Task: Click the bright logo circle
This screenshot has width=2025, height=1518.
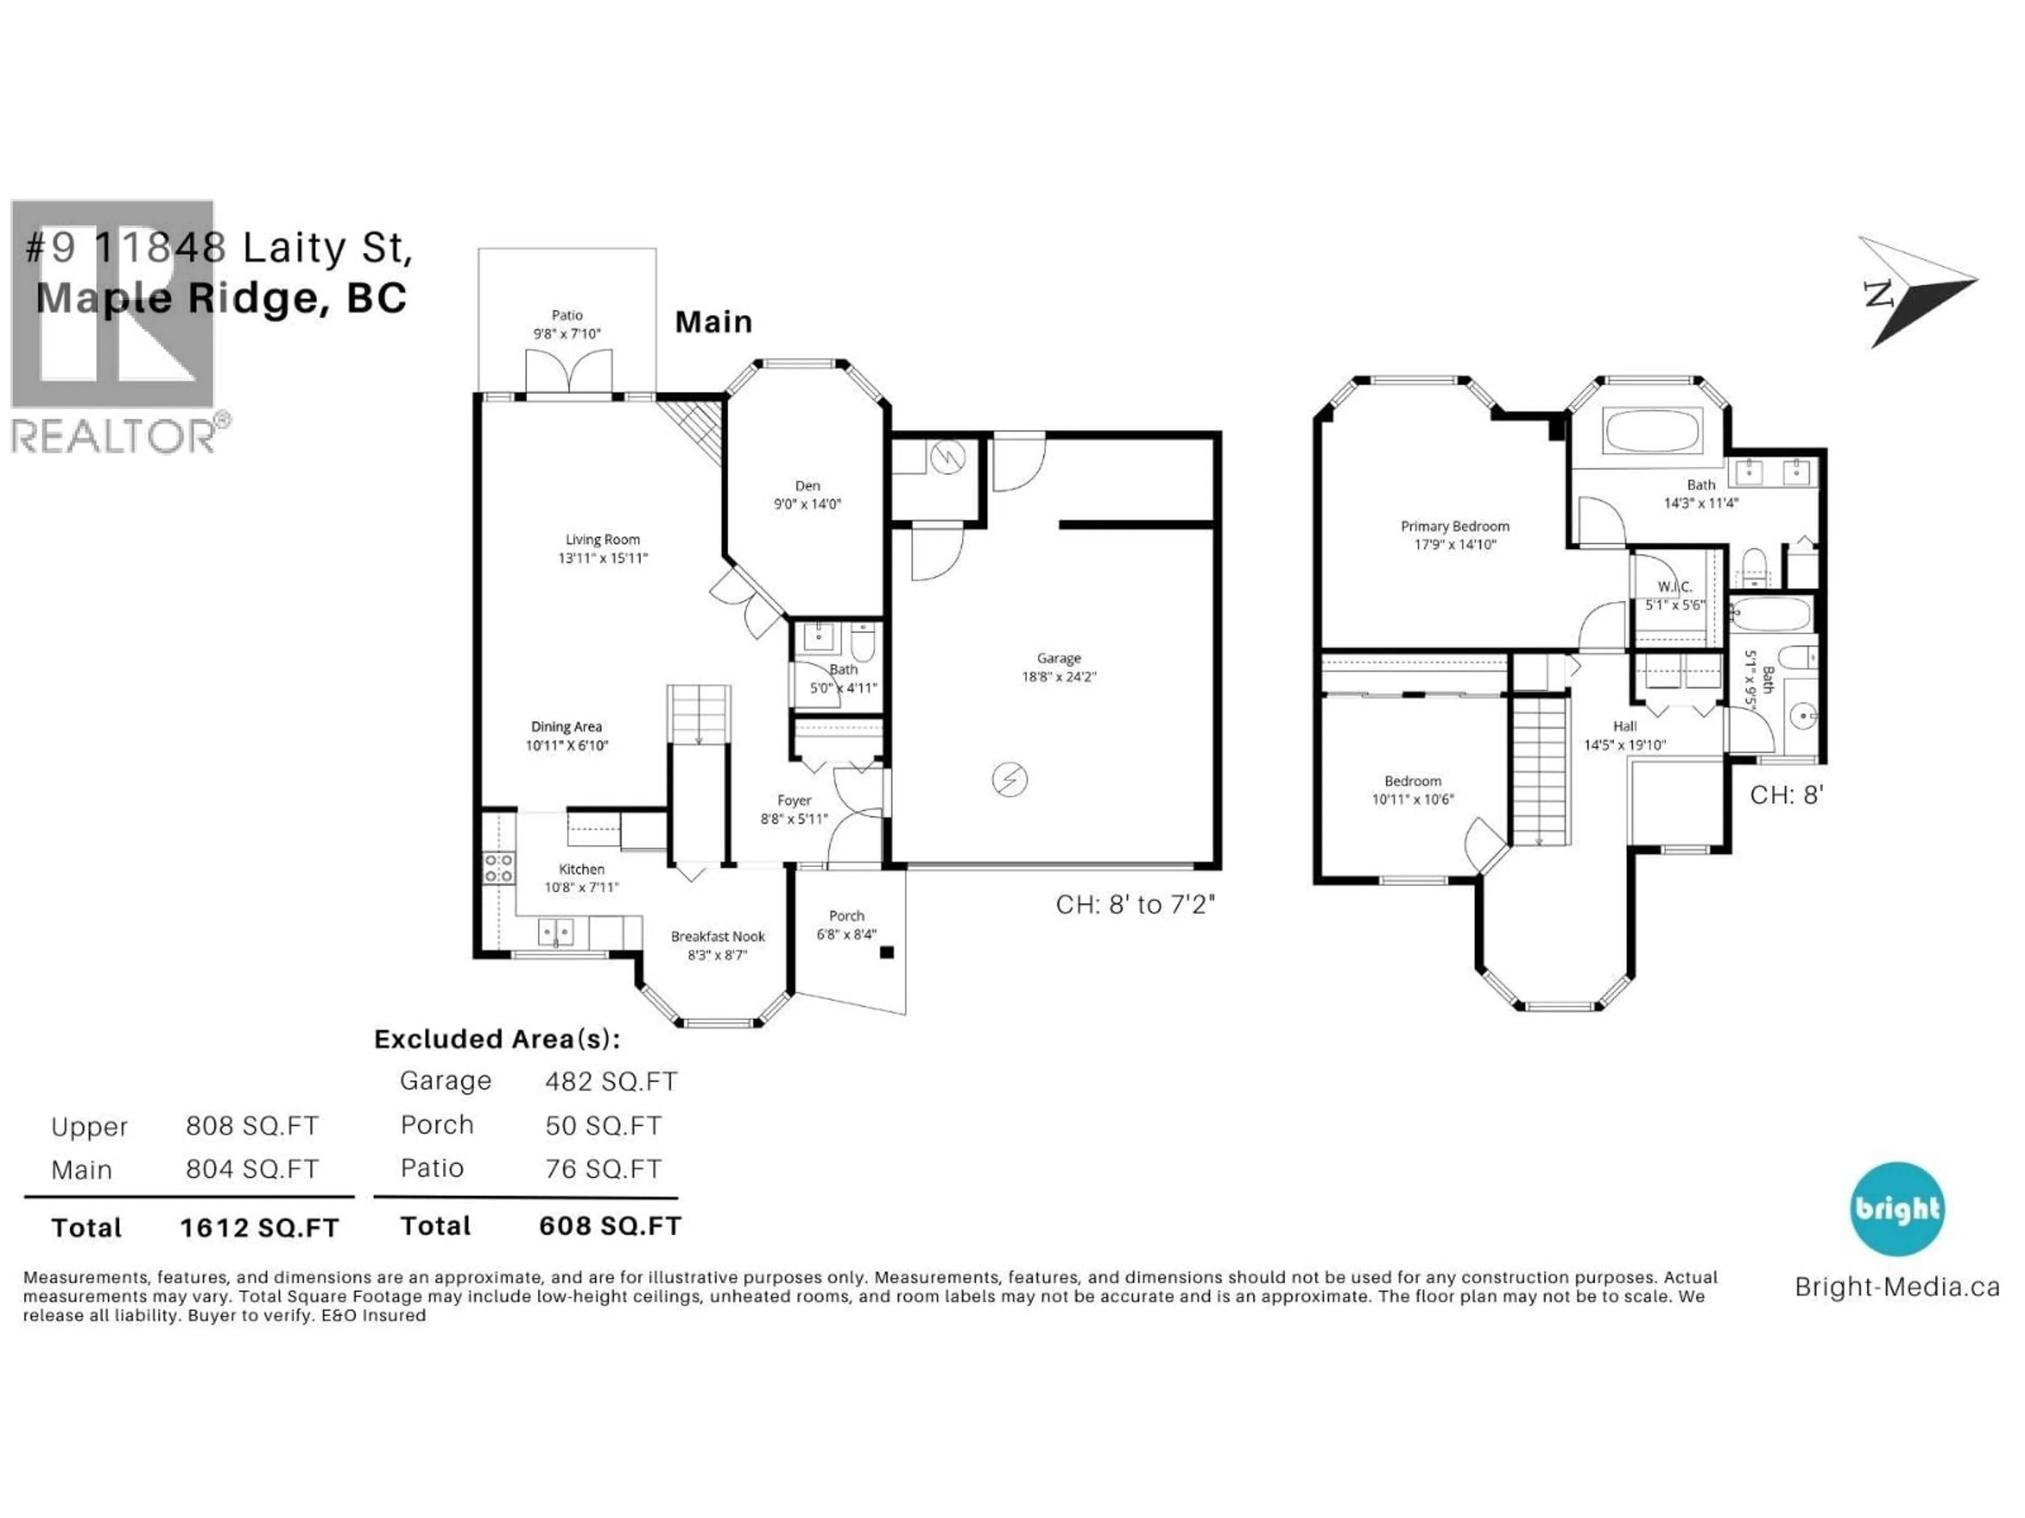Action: coord(1897,1209)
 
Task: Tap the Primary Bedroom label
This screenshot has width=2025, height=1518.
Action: coord(1454,526)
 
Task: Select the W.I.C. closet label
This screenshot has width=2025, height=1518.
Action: coord(1674,587)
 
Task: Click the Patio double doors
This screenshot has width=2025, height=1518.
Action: coord(567,373)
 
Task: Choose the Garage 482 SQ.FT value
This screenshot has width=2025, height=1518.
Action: coord(611,1082)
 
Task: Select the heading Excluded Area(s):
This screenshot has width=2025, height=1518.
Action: coord(497,1039)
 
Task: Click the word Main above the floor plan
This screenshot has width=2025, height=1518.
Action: coord(713,322)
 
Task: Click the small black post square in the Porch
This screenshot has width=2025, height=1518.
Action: coord(886,952)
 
